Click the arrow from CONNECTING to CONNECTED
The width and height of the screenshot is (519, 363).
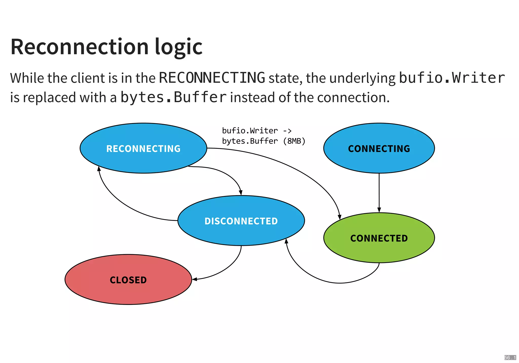click(379, 193)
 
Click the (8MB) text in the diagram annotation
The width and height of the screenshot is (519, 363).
click(294, 141)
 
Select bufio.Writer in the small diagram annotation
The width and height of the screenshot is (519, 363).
click(250, 131)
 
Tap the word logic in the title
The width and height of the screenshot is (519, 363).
click(179, 47)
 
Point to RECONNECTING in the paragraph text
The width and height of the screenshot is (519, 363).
click(212, 78)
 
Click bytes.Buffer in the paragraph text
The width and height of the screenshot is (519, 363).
click(173, 97)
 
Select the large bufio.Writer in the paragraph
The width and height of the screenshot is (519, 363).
click(452, 78)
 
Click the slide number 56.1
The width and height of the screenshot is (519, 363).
click(510, 357)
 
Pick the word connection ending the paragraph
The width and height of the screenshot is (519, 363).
click(353, 97)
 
